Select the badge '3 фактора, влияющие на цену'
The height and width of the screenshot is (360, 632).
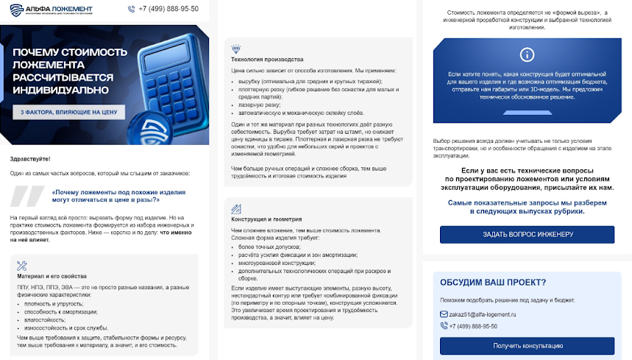pyautogui.click(x=68, y=113)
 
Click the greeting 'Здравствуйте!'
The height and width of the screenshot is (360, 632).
pyautogui.click(x=30, y=158)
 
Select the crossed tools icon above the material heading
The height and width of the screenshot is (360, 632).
pyautogui.click(x=21, y=267)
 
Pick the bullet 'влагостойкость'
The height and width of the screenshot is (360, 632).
pyautogui.click(x=43, y=320)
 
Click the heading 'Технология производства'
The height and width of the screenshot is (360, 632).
pyautogui.click(x=266, y=59)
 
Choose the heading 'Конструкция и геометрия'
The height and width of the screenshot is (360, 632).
pyautogui.click(x=267, y=219)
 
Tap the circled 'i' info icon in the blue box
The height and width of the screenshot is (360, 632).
pyautogui.click(x=527, y=55)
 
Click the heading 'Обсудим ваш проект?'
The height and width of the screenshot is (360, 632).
pyautogui.click(x=492, y=282)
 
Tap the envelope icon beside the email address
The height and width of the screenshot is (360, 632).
pyautogui.click(x=444, y=314)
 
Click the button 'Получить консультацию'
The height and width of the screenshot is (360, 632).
pyautogui.click(x=527, y=345)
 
